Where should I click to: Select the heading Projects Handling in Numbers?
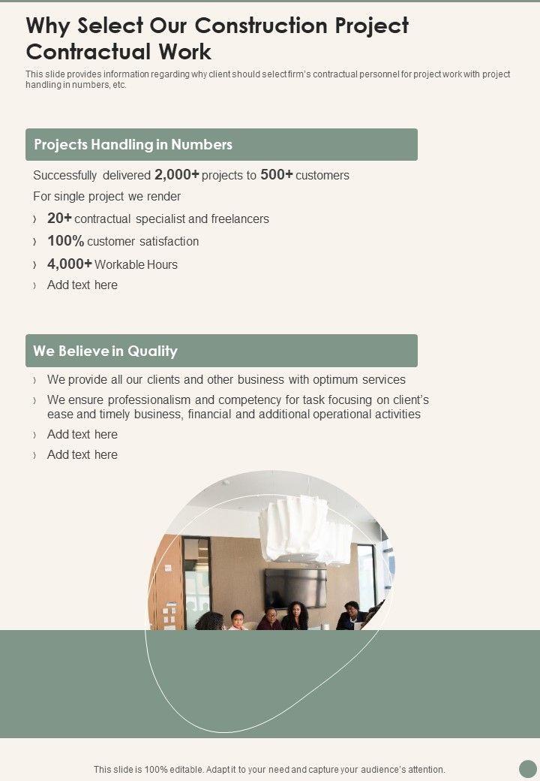[133, 144]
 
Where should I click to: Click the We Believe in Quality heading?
[105, 351]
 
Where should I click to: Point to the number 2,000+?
[176, 175]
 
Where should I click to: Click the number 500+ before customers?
[276, 175]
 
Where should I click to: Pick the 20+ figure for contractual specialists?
[59, 219]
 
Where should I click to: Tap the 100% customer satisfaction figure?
[65, 241]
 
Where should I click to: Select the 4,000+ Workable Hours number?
[69, 264]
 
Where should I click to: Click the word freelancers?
[239, 219]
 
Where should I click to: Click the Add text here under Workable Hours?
[82, 285]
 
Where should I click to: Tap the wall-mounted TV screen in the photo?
[295, 587]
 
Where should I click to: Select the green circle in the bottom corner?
[528, 768]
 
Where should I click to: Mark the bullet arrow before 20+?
[35, 219]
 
